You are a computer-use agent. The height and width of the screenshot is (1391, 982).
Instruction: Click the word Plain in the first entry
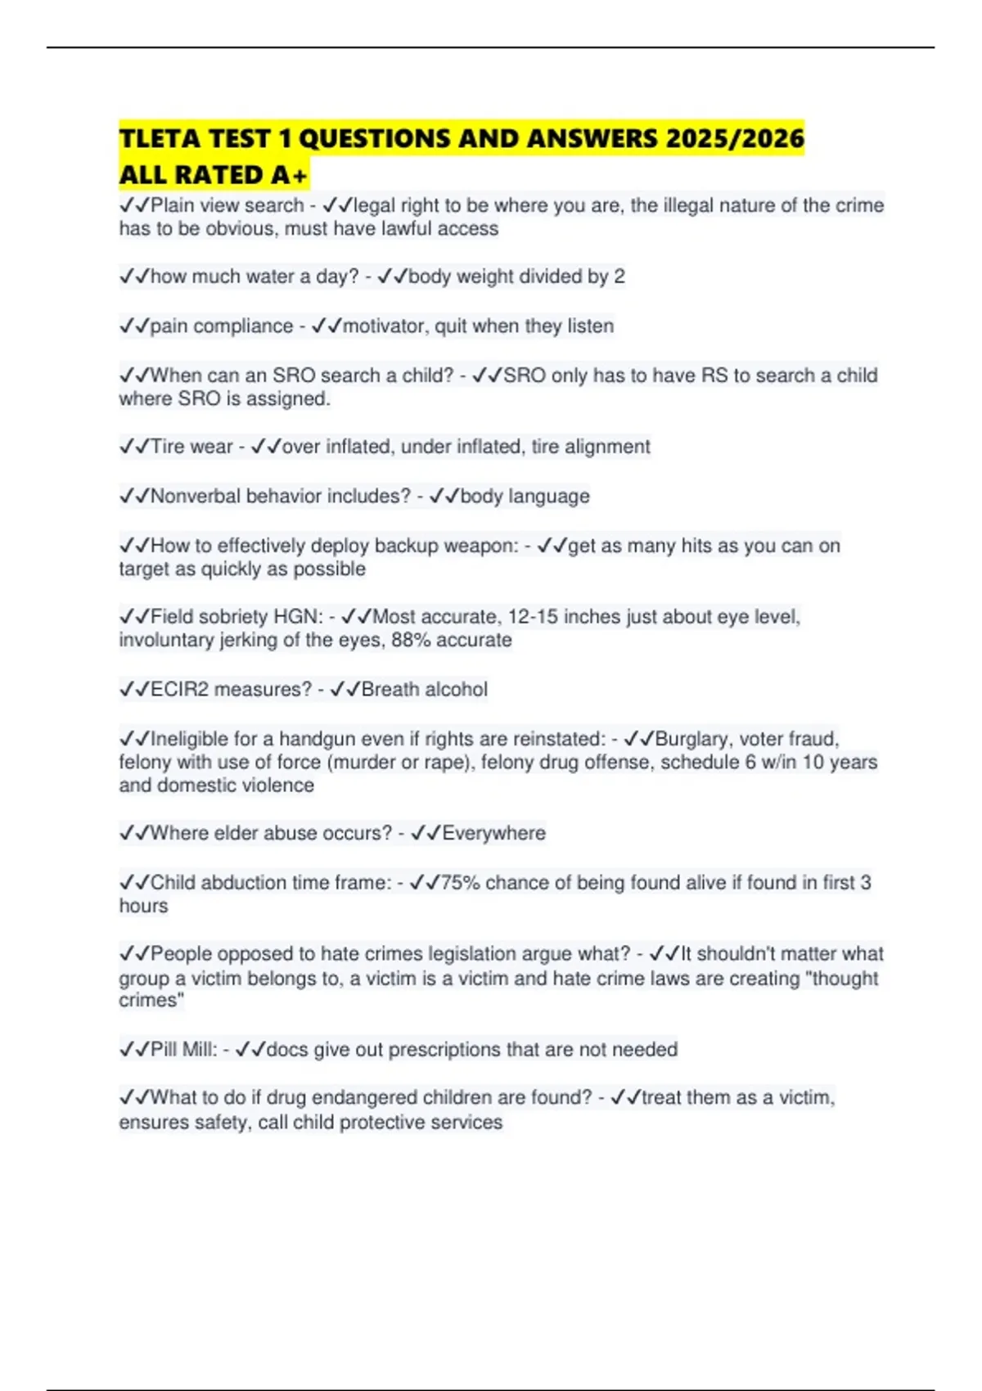[173, 205]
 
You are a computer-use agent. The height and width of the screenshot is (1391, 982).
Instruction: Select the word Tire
[168, 447]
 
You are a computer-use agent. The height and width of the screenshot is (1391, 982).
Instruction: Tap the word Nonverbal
[195, 496]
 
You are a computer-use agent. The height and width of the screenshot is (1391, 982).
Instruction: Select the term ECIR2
[180, 690]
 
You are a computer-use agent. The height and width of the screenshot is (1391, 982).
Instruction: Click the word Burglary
[694, 739]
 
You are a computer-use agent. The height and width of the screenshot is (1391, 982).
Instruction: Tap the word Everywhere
[493, 833]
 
